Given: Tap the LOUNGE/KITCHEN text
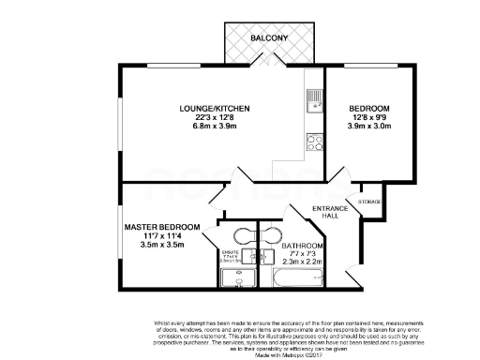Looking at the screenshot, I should click(x=215, y=110).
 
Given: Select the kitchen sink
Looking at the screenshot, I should click(x=313, y=97).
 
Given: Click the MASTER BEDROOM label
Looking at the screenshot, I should click(x=162, y=228).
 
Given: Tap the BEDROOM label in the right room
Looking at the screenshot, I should click(x=368, y=110).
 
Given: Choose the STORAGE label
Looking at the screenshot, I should click(x=369, y=200).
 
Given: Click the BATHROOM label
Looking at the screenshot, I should click(x=304, y=247).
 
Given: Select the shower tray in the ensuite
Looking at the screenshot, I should click(x=232, y=277).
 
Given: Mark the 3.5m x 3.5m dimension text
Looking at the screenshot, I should click(x=162, y=245).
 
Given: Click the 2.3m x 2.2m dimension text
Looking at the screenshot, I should click(x=304, y=263).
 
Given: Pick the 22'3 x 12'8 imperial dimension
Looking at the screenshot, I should click(x=215, y=118).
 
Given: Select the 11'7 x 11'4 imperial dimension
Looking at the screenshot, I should click(x=162, y=236).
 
